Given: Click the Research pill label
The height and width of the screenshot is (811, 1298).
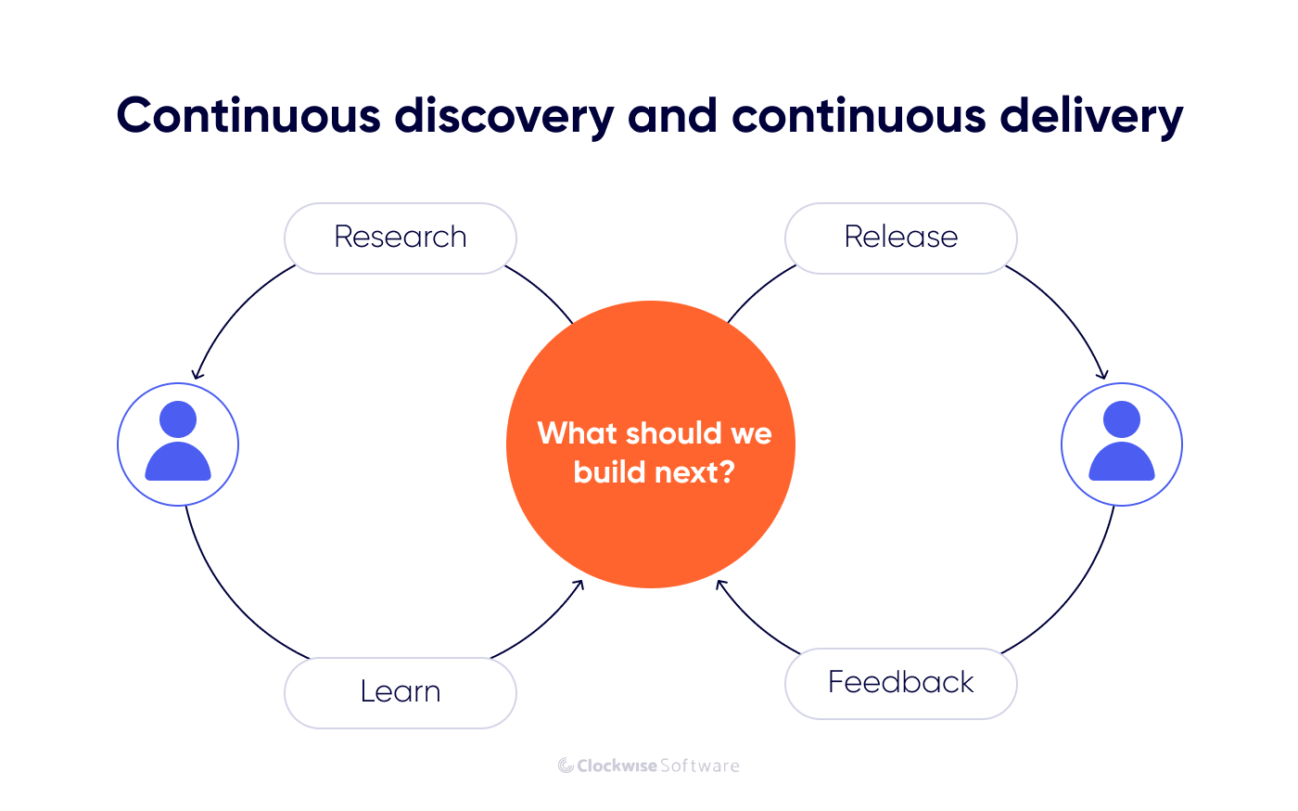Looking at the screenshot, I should pyautogui.click(x=400, y=238).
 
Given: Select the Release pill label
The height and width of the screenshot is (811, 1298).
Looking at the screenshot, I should pyautogui.click(x=900, y=238).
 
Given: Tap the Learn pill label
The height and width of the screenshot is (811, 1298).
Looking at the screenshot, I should pyautogui.click(x=400, y=692).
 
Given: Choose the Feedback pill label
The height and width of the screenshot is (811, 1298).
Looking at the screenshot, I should pyautogui.click(x=900, y=683).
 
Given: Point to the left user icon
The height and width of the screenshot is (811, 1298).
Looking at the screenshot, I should pyautogui.click(x=178, y=444).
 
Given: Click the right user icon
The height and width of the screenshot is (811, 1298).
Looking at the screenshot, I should pyautogui.click(x=1121, y=444).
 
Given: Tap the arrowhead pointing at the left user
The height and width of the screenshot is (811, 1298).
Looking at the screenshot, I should pyautogui.click(x=196, y=375).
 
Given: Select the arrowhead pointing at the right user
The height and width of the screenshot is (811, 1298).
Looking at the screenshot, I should pyautogui.click(x=1102, y=375).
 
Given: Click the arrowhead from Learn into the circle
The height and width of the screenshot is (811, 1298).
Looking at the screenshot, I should pyautogui.click(x=579, y=584).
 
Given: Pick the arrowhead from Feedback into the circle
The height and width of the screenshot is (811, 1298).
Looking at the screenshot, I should pyautogui.click(x=721, y=585).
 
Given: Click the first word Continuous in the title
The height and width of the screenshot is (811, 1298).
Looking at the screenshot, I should pyautogui.click(x=248, y=117).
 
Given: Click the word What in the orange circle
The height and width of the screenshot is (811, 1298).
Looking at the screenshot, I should pyautogui.click(x=577, y=433).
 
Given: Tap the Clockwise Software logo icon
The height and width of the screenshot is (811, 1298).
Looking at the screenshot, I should pyautogui.click(x=565, y=766).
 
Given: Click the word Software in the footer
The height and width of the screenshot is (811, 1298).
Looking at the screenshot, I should pyautogui.click(x=700, y=766).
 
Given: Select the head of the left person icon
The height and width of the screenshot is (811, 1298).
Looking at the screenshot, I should pyautogui.click(x=178, y=419).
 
